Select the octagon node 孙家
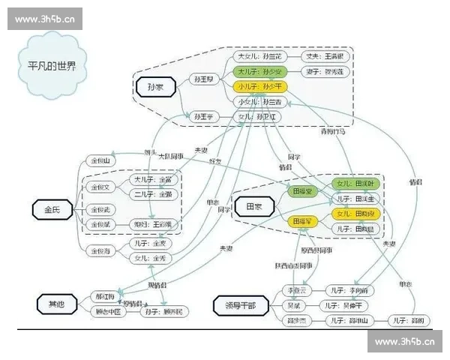[155, 88]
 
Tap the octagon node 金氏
[51, 209]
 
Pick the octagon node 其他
[57, 304]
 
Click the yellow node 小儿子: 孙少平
[259, 87]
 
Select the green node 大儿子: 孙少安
[259, 72]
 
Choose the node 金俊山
[100, 160]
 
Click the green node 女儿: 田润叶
[355, 184]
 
